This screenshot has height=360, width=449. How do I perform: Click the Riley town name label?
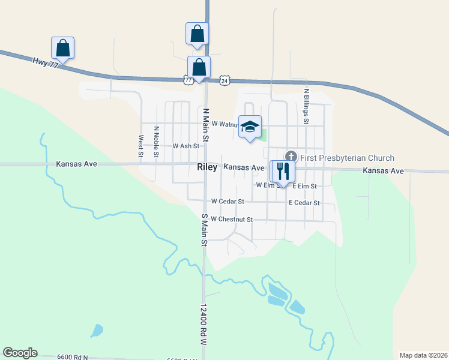point(207,168)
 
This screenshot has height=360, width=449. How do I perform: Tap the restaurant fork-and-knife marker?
point(282,171)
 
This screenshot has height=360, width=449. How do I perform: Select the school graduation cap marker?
point(250,127)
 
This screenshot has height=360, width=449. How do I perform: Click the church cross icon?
point(291,157)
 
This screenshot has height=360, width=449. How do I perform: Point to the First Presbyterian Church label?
point(347,158)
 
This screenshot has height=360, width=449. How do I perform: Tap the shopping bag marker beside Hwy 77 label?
point(62,47)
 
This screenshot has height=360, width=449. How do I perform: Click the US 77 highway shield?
point(188,80)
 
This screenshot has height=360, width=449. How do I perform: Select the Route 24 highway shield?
point(224,80)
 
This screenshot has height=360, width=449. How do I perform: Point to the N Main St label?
point(205,125)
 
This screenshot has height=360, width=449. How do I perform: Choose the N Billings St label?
point(306,109)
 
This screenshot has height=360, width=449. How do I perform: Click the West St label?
point(140,146)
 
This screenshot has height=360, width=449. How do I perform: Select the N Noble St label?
point(156,142)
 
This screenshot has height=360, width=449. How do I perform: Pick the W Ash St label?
point(186,146)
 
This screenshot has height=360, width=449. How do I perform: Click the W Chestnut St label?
point(232,220)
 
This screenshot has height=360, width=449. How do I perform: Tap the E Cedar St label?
point(304,203)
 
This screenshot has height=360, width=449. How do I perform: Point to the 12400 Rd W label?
point(203,325)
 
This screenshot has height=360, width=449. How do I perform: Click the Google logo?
point(20,353)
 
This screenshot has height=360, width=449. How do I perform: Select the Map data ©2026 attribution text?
point(424,355)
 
